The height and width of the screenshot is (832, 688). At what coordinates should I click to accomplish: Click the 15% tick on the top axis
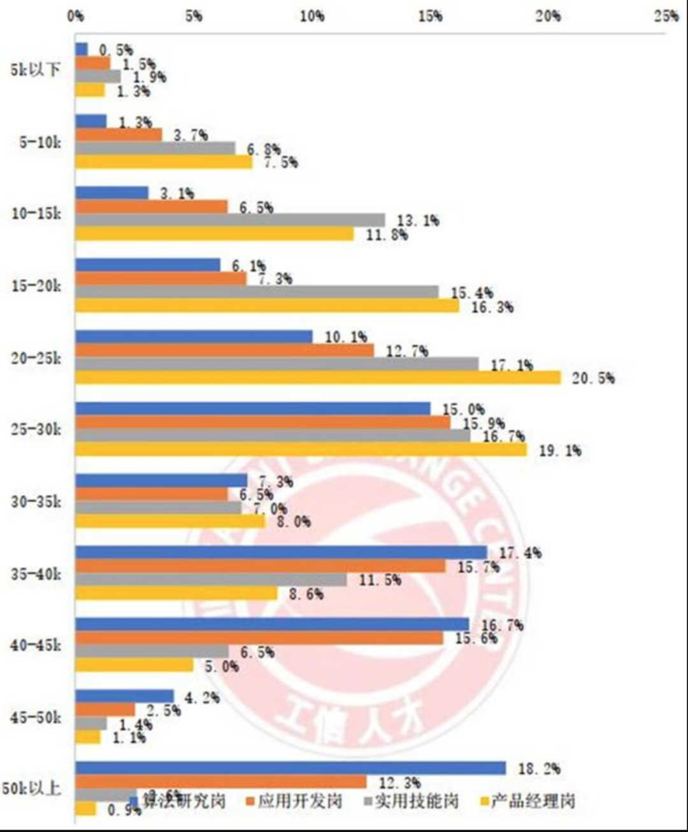point(430,16)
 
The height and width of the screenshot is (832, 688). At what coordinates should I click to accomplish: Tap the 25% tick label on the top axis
point(666,16)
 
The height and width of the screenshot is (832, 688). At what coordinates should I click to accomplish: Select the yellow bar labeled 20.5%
point(318,378)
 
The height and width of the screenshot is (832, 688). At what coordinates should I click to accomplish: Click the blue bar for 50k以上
point(290,768)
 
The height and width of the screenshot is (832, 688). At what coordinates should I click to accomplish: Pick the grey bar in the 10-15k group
point(230,220)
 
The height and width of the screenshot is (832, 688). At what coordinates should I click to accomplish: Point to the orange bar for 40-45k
point(259,638)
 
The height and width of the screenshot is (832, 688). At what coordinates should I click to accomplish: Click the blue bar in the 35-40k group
point(281,552)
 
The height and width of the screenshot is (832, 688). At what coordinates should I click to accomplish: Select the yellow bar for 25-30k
point(301,450)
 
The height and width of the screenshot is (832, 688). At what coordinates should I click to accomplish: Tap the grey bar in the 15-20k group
point(257,292)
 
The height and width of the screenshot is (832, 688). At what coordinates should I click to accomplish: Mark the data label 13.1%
point(418,220)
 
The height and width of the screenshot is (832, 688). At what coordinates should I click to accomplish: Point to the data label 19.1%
point(560,450)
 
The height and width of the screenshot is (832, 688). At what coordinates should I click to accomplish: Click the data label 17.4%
point(520,553)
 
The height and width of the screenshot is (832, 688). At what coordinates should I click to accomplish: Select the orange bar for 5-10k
point(118,134)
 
